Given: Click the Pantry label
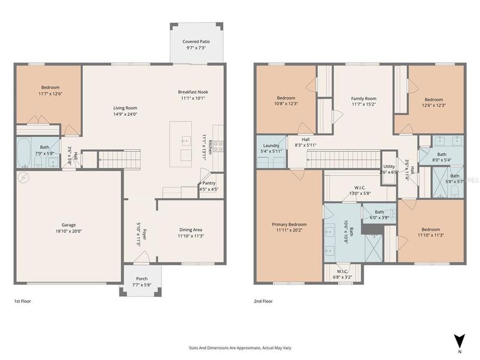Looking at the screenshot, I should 208,184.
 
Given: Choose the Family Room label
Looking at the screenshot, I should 364,98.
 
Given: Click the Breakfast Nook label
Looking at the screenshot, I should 193,92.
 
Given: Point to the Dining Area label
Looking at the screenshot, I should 191,230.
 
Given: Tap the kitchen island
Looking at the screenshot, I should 181,144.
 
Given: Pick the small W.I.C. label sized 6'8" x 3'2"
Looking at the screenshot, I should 343,271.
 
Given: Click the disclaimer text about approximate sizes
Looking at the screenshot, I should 240,348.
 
